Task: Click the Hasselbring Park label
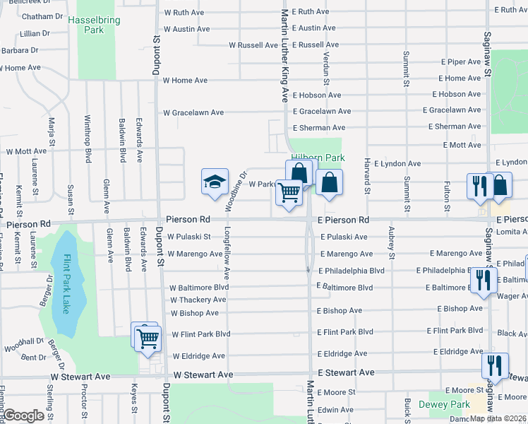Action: [90, 25]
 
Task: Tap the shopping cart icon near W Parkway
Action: [289, 192]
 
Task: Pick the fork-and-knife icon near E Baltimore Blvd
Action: [484, 280]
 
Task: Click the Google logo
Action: [25, 416]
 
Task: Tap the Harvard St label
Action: [367, 181]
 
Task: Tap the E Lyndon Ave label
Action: [397, 163]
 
